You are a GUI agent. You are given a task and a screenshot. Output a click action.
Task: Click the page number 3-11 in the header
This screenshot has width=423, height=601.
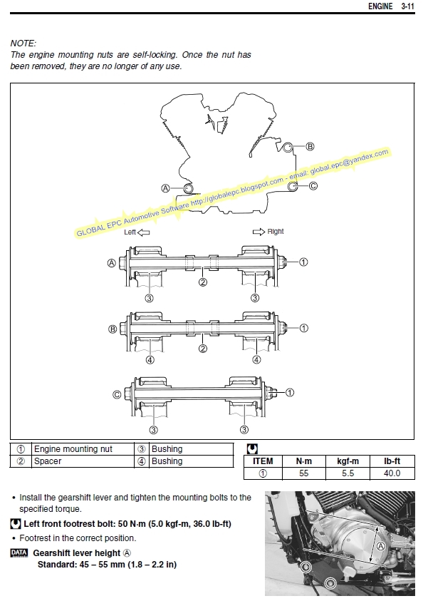point(407,6)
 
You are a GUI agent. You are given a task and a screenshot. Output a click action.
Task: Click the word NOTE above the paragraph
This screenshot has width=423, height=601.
point(23,43)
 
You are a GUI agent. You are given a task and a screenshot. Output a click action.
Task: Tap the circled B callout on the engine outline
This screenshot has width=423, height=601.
point(310,146)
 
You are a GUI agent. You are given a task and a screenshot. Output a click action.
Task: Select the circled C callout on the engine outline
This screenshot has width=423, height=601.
point(313,186)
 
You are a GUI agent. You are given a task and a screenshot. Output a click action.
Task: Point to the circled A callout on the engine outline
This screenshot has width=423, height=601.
point(165,188)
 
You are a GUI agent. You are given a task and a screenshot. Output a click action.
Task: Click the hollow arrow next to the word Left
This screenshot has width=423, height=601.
point(144,232)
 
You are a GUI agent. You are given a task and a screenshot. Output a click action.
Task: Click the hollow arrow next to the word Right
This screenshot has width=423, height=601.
point(258,232)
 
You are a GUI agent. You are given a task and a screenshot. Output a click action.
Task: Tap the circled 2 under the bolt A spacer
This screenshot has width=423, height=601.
point(203,282)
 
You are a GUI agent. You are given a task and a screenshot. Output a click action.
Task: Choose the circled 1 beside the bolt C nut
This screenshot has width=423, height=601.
point(290,393)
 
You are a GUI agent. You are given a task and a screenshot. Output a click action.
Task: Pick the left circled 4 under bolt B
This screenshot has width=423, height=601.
point(150,360)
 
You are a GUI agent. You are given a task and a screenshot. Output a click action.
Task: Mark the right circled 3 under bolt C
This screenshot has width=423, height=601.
point(244,430)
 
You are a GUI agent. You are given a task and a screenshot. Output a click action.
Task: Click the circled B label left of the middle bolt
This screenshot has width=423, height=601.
point(113,329)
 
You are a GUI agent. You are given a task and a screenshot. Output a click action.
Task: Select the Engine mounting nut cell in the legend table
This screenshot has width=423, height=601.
point(73,449)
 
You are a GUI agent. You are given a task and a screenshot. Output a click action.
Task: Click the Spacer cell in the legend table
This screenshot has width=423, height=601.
point(48,461)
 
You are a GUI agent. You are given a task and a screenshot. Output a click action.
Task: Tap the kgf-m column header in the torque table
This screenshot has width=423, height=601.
point(348,461)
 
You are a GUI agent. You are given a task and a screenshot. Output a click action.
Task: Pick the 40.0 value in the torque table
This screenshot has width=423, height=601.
point(392,473)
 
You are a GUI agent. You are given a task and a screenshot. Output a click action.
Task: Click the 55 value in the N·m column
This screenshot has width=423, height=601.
point(304,473)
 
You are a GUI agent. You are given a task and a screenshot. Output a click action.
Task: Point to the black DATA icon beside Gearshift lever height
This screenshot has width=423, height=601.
point(19,553)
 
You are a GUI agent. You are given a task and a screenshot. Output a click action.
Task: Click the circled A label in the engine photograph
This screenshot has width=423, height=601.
point(380,547)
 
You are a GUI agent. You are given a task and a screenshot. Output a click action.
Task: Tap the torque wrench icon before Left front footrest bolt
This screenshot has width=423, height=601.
point(16,523)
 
